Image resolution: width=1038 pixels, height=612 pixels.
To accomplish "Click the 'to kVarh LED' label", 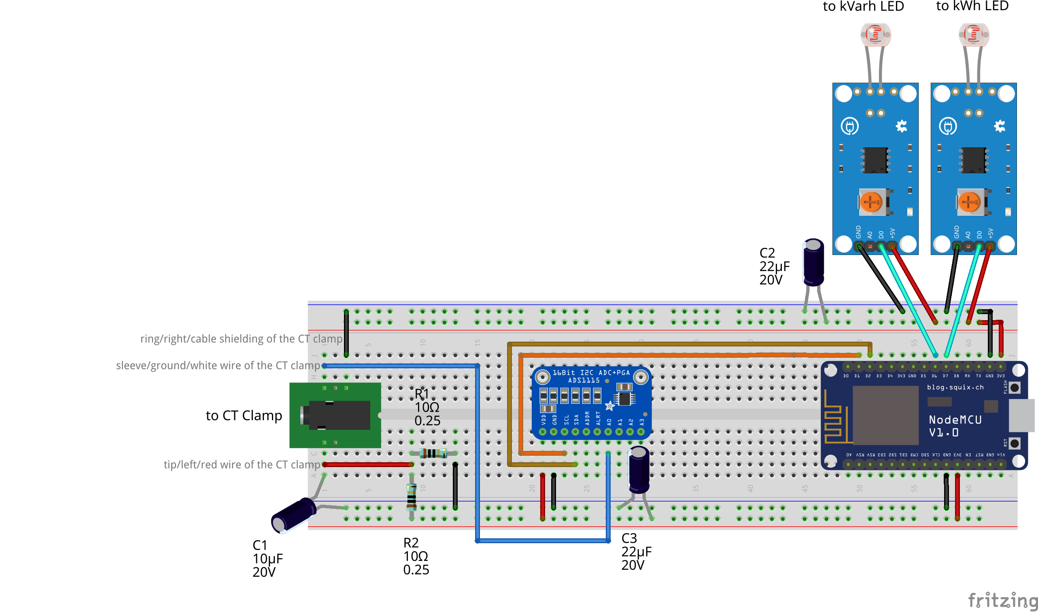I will (x=863, y=6).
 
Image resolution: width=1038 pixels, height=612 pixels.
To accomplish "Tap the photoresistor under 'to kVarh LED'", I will (x=875, y=34).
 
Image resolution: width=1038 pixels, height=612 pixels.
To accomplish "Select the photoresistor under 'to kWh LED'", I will (x=973, y=34).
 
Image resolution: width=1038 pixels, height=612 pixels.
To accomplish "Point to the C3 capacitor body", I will (x=639, y=470).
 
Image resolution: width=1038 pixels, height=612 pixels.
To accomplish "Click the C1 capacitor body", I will (x=293, y=515).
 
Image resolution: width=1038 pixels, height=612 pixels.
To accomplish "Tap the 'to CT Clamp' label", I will (x=244, y=415).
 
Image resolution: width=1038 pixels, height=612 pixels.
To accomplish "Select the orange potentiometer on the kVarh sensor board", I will (x=871, y=202).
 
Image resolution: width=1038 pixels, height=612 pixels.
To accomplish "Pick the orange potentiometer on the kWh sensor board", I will (x=969, y=202).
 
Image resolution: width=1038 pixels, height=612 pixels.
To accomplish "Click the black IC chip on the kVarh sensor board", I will (x=875, y=160).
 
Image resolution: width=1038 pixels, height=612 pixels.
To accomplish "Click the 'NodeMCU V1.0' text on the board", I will (x=955, y=426).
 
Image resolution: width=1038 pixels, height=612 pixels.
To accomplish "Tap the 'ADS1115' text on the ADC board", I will (x=583, y=380).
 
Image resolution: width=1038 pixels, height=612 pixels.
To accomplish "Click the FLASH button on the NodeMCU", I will (x=1015, y=388).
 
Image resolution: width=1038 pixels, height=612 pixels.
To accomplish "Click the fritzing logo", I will (x=1002, y=600).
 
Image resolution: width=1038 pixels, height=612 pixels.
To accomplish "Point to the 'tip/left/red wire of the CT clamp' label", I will (x=242, y=464).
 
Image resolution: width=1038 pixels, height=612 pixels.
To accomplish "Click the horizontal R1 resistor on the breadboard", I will (x=433, y=454).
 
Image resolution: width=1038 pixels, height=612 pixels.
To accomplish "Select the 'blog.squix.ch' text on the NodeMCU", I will (x=955, y=387).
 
